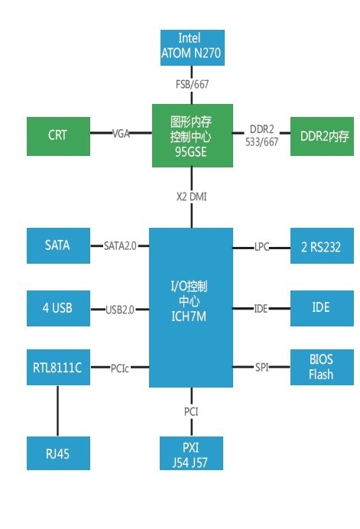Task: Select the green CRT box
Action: (x=58, y=135)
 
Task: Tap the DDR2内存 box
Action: (x=324, y=136)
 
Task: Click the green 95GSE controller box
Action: (x=191, y=135)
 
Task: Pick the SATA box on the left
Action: (x=58, y=245)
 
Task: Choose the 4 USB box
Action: (x=58, y=308)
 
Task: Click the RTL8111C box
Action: (x=58, y=368)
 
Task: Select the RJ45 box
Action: (x=58, y=453)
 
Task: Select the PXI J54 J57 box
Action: (x=192, y=453)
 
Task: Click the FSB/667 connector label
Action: (x=192, y=85)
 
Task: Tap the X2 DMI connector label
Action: (x=191, y=196)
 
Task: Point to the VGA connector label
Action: (x=121, y=133)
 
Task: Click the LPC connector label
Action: (x=262, y=246)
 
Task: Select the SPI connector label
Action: (x=262, y=368)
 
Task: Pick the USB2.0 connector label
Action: (x=119, y=309)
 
